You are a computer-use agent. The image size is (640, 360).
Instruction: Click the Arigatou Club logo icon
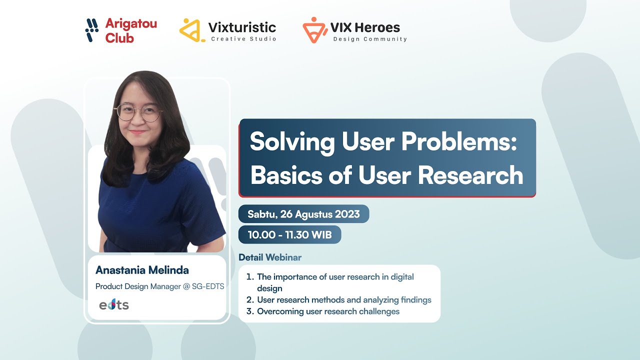coord(92,30)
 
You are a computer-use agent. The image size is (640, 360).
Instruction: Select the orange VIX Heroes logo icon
coord(315,30)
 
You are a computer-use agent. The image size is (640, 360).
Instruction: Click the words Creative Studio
coord(243,39)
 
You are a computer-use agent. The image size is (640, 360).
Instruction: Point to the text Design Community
coord(370,39)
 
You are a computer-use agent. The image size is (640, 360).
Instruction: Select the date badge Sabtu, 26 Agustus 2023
coord(303,214)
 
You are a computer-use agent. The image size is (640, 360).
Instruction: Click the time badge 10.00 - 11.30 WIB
coord(289,234)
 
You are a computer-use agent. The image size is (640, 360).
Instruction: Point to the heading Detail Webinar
coord(270,257)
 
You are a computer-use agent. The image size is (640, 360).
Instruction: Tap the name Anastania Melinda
coord(142,270)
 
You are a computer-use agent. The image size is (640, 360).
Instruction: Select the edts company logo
coord(114,304)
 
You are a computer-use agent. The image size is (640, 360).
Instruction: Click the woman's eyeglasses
coord(139,112)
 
